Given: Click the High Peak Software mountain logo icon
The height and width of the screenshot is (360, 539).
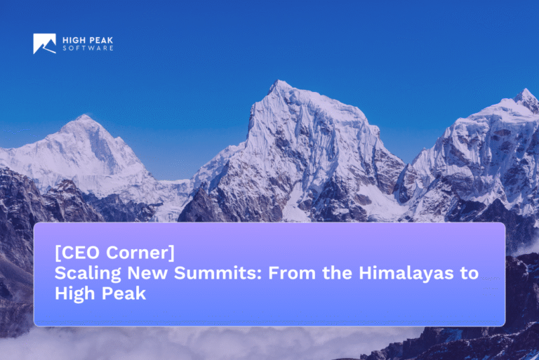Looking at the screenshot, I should pos(44,44).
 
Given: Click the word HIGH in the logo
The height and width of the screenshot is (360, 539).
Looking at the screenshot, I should pos(73,40).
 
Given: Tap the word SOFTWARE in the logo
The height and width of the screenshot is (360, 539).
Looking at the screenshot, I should pos(88,48).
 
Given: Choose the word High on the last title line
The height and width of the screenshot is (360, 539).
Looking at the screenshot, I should pos(73,294).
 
